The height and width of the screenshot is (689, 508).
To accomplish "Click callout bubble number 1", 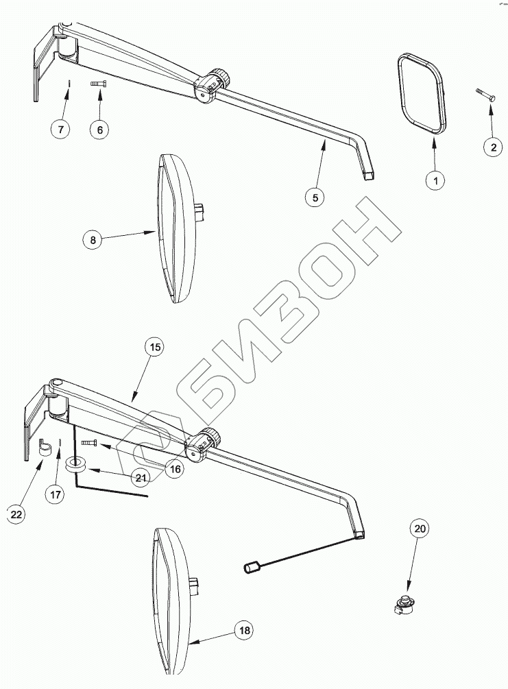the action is point(435,180).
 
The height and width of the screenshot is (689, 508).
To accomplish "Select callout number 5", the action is point(315,197).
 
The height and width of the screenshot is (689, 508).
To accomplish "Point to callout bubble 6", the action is point(100,129).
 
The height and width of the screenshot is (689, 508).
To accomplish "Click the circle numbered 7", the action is point(60,129).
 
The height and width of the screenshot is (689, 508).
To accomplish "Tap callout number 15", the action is point(155,348).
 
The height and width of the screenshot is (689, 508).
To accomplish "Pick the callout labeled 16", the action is point(175,469).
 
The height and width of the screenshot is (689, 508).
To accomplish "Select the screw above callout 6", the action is point(99,84).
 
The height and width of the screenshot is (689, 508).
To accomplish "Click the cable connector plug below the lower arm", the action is point(251,567).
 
